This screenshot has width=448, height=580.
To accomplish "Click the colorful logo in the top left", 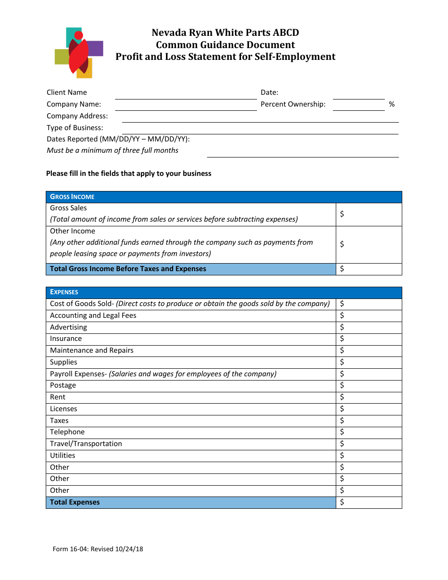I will [79, 52].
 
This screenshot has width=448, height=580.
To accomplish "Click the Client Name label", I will [66, 92].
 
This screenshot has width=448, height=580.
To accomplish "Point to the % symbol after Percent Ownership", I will [391, 104].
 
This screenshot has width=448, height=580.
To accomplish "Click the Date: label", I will [269, 92].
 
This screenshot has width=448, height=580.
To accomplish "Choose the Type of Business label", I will [75, 128].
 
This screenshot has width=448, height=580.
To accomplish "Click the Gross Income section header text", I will [72, 197].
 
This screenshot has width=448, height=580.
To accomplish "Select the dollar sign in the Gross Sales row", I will [342, 214].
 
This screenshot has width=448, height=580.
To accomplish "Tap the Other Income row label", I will [73, 231].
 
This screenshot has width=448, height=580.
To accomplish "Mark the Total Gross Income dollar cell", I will [369, 269].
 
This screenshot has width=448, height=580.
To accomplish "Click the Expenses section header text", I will [64, 292].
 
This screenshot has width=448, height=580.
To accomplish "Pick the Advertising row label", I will [68, 327].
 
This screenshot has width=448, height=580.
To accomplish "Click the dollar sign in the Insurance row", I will [342, 339].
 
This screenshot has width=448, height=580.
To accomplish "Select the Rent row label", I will [58, 397].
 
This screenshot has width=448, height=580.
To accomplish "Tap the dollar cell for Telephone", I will [369, 432].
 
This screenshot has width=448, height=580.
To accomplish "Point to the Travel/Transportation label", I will [86, 444].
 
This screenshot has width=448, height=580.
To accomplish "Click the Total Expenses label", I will [75, 502].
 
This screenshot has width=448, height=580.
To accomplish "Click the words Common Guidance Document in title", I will [225, 45].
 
